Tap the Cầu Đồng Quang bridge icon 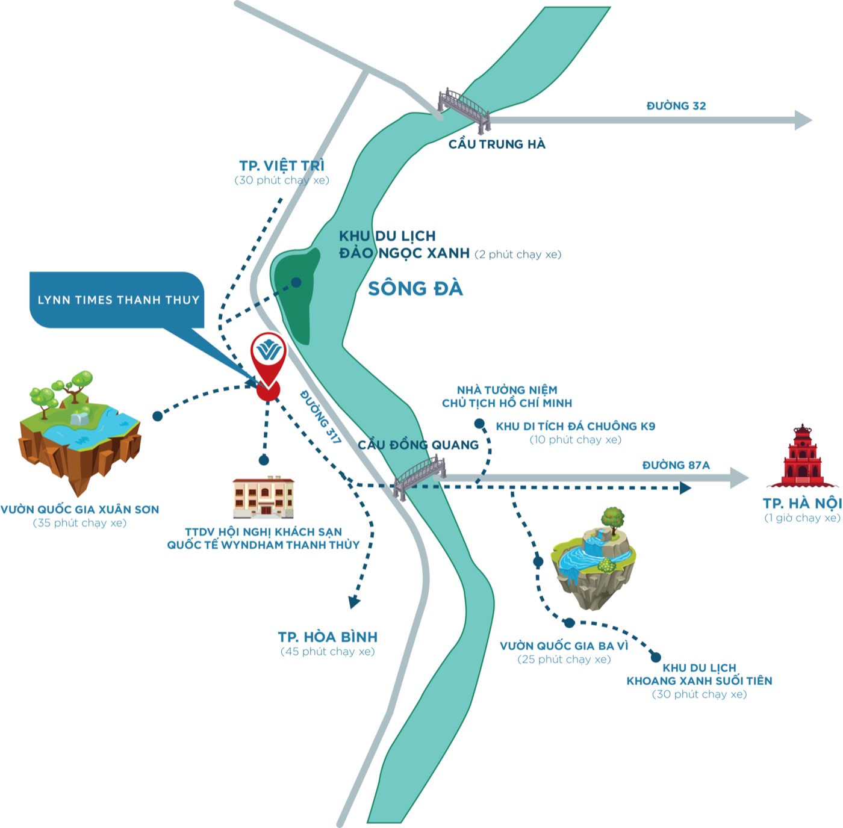click(x=419, y=477)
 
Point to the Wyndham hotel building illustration click(x=263, y=496)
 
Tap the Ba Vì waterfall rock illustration click(x=593, y=560)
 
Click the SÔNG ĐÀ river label click(x=415, y=288)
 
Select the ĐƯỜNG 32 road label click(x=676, y=106)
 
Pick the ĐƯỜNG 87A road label click(x=676, y=465)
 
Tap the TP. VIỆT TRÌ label click(x=282, y=165)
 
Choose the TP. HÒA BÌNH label click(x=328, y=637)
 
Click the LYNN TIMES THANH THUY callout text click(x=119, y=300)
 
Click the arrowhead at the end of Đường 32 click(x=803, y=120)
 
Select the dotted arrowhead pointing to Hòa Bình click(x=354, y=602)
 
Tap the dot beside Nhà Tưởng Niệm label click(x=479, y=423)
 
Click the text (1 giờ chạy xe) click(x=802, y=518)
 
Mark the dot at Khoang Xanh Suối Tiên click(x=655, y=657)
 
